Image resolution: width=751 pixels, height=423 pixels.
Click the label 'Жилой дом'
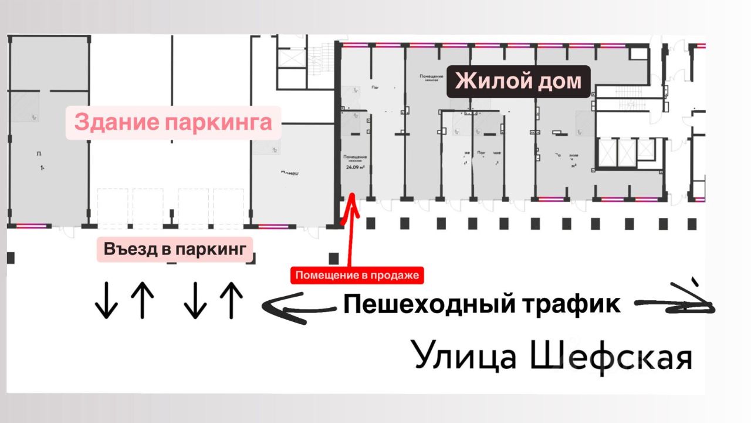(x=519, y=81)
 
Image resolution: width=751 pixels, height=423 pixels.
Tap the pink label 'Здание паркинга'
(x=173, y=123)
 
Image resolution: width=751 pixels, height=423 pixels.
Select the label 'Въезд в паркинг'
(x=174, y=249)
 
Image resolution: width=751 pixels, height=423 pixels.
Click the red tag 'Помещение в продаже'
(x=358, y=275)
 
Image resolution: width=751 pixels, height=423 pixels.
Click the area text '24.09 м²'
(x=356, y=167)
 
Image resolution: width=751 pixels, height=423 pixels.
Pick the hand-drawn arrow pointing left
(x=299, y=308)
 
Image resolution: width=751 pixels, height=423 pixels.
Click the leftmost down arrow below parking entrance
(x=106, y=300)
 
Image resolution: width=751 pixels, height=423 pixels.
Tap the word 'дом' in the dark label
(x=559, y=81)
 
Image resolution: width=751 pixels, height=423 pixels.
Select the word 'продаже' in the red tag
(x=401, y=275)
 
